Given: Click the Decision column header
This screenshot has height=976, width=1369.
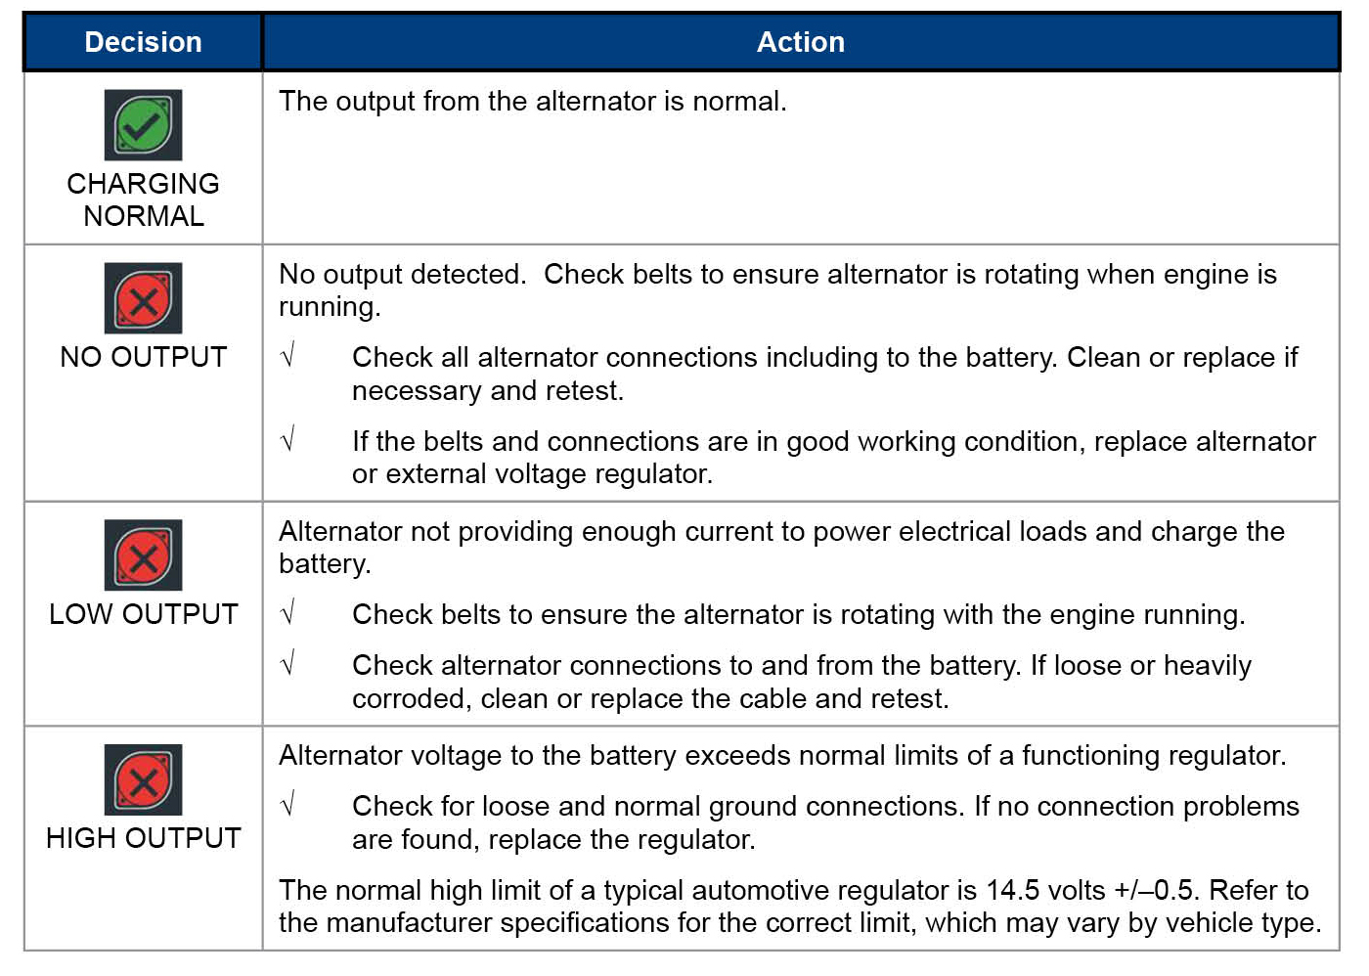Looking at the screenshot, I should [143, 42].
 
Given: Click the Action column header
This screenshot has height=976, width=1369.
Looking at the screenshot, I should [800, 42].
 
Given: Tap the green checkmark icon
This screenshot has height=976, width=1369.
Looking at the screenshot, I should [143, 125].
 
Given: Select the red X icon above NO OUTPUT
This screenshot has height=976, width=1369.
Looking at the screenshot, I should [143, 298].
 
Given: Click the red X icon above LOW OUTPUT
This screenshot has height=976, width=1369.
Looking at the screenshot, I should [143, 555].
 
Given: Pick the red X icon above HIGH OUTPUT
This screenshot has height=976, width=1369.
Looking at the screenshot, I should [143, 780].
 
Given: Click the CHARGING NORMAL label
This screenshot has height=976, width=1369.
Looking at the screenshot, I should [143, 200].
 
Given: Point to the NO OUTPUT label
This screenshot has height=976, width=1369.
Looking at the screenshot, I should [143, 357].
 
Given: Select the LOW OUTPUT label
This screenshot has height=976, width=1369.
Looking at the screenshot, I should [143, 614].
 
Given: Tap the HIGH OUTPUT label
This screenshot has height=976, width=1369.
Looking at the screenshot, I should [143, 838].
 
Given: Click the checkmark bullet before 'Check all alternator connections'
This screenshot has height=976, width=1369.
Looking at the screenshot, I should [287, 356].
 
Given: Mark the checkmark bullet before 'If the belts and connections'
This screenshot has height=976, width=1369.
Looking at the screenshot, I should [287, 440].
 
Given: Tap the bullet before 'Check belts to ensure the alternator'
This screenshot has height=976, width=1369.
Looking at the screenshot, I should [287, 613].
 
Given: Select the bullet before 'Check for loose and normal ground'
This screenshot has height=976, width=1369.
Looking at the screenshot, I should [287, 805].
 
